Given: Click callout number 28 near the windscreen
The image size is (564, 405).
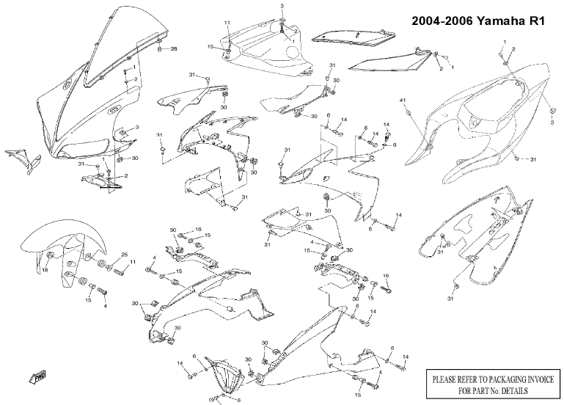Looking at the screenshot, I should click(174, 49).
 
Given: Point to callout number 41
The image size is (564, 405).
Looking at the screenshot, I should click(402, 99).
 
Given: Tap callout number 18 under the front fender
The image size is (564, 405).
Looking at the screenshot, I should click(44, 270).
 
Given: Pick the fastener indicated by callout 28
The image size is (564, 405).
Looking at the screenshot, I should click(160, 49).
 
